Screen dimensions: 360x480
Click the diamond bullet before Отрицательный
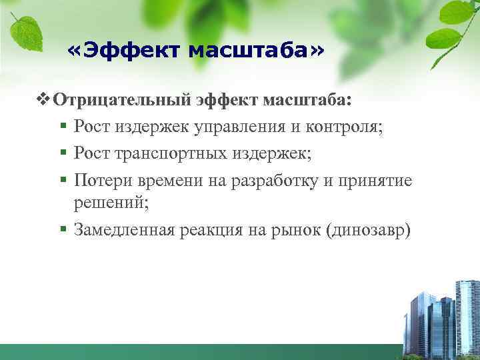45,100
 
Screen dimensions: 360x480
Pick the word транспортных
171,153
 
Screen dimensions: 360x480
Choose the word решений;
111,203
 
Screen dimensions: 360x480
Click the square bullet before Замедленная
63,230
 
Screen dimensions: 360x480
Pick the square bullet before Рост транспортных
63,153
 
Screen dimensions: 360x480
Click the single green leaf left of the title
27,32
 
